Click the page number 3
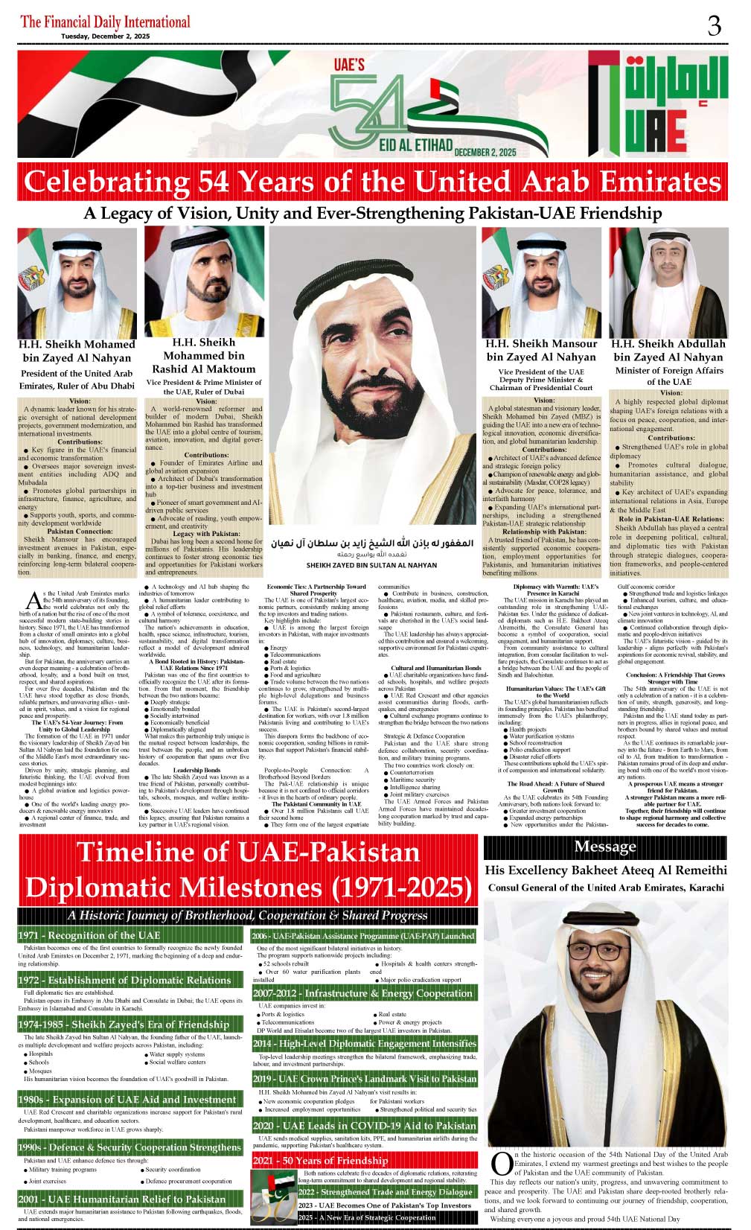[714, 26]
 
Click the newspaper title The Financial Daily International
[105, 22]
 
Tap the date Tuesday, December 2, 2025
[105, 36]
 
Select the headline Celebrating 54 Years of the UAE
[372, 182]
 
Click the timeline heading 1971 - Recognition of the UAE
[89, 935]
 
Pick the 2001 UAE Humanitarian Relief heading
[121, 1199]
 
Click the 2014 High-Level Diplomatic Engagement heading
[364, 1044]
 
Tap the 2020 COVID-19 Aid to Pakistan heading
[364, 1126]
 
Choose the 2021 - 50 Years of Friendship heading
[320, 1160]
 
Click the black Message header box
[605, 847]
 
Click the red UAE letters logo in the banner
[655, 133]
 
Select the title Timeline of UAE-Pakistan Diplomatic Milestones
[248, 870]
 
